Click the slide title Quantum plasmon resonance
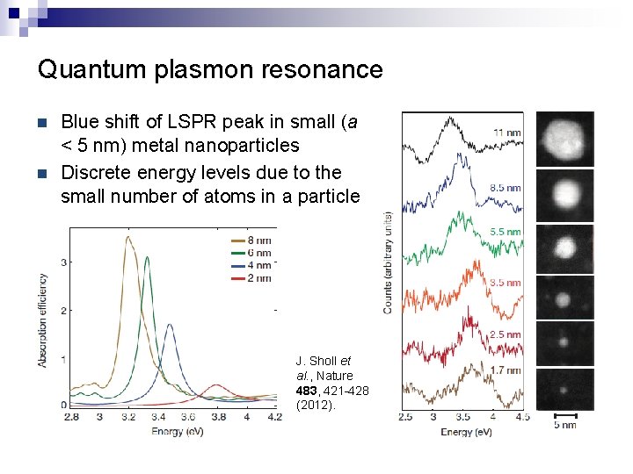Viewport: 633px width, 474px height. (210, 69)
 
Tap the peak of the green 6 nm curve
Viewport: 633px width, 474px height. (147, 258)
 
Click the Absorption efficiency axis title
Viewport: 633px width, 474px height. (41, 320)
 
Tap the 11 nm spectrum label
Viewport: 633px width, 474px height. (506, 133)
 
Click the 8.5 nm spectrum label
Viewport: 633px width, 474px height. (506, 188)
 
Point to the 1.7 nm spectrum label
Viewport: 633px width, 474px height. (506, 371)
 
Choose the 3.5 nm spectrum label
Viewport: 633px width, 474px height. (506, 283)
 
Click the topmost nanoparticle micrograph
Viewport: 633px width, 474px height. (564, 138)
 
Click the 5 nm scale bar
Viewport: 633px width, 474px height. (564, 414)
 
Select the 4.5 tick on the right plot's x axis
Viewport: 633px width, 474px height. (522, 417)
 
